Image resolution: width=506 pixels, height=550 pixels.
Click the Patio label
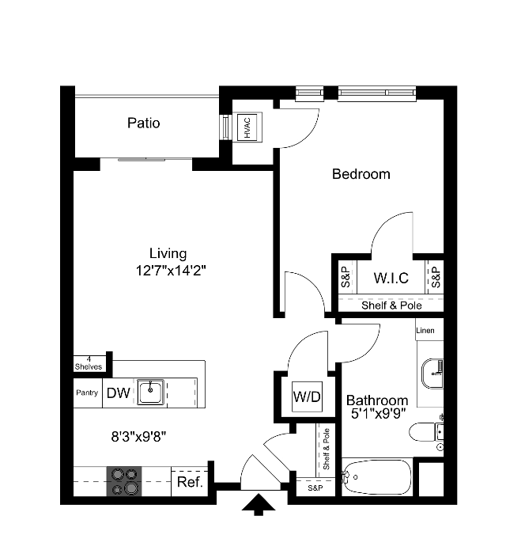[x=144, y=123]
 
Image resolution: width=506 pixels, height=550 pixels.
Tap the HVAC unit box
[x=248, y=127]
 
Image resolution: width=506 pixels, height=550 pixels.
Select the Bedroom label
[x=361, y=174]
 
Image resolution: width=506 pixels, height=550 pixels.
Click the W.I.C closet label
[x=391, y=278]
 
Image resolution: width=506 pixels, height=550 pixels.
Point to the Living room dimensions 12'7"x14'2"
[x=172, y=270]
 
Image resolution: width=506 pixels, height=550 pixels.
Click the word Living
[x=168, y=254]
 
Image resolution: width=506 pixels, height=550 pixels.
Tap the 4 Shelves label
[x=89, y=363]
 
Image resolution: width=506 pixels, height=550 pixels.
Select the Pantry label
[x=86, y=393]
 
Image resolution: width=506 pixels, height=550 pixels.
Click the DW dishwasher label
[x=119, y=393]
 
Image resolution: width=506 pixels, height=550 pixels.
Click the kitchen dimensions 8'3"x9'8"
[x=138, y=435]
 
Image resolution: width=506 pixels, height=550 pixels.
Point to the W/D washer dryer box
[x=307, y=396]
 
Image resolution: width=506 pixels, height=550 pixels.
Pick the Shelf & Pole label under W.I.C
[x=391, y=305]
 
